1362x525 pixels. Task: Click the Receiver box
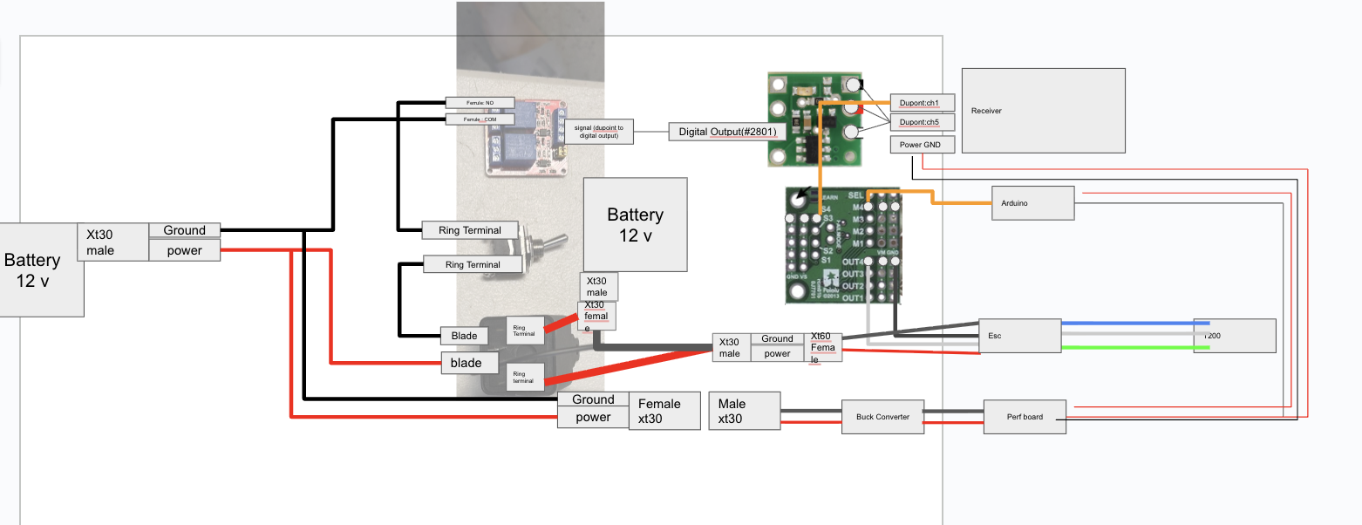[1043, 111]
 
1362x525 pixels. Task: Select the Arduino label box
[1033, 203]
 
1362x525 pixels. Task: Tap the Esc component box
[1018, 334]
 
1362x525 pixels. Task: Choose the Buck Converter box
[882, 417]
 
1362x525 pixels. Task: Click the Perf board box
[1025, 417]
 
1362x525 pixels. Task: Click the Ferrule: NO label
[480, 103]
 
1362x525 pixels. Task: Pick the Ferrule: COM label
[480, 119]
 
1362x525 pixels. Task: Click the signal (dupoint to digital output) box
[599, 132]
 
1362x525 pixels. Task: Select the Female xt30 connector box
[665, 411]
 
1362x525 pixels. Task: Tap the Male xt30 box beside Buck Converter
[746, 411]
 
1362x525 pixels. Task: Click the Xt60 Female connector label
[823, 347]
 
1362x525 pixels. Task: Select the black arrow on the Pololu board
[794, 198]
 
